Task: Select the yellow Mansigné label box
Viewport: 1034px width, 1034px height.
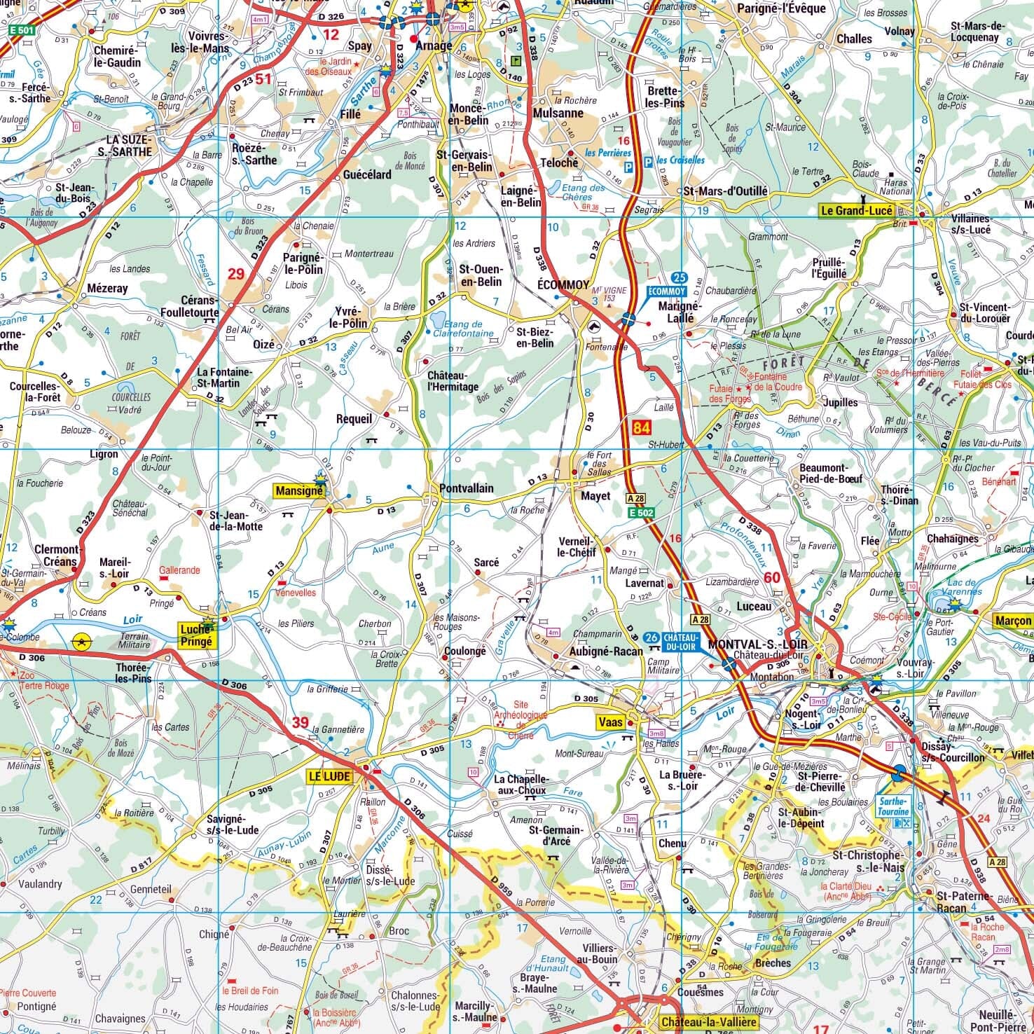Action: [299, 491]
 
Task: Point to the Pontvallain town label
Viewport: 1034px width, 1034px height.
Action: [467, 488]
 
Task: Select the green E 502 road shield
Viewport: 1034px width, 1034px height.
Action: [640, 513]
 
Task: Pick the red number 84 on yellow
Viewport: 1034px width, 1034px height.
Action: [640, 427]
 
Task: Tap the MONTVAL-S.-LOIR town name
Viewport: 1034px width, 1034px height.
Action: [757, 644]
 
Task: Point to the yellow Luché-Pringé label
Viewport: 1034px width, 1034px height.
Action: [195, 634]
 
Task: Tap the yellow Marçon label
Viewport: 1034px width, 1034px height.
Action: [1012, 621]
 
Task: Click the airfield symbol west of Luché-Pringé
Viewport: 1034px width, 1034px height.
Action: [82, 640]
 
